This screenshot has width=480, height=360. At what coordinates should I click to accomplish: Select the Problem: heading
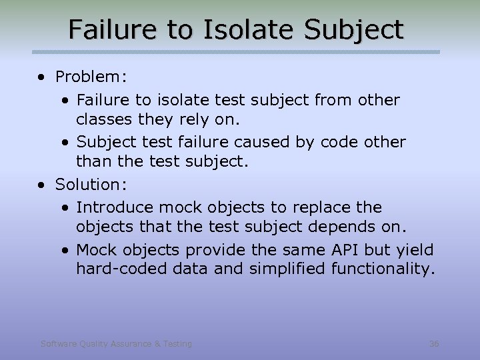coord(91,77)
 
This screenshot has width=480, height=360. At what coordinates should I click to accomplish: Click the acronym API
coord(346,250)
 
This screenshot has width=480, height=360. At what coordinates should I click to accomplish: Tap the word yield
coord(414,250)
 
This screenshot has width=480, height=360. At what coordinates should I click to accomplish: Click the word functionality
coord(385,269)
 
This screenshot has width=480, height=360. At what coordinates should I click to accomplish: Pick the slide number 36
coord(434,344)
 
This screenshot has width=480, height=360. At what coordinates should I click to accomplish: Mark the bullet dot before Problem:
coord(43,77)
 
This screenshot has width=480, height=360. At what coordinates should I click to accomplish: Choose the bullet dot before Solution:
coord(43,184)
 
